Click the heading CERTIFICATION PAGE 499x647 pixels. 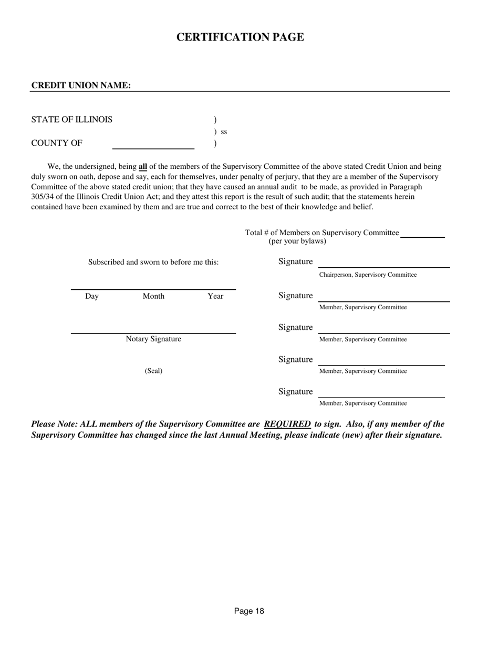[x=240, y=37]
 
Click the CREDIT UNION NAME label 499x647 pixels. [x=81, y=86]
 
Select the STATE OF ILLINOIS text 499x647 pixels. [x=72, y=120]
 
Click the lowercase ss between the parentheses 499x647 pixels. [x=224, y=132]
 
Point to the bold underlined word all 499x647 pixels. [x=143, y=167]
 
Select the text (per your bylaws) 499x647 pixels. [x=297, y=241]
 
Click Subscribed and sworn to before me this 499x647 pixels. [x=153, y=262]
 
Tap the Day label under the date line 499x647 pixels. [x=92, y=297]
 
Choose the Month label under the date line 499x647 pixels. [x=153, y=297]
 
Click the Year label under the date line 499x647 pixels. [x=215, y=297]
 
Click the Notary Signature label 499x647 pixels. [x=153, y=339]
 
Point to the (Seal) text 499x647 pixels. [x=153, y=371]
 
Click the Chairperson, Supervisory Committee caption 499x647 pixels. [x=368, y=275]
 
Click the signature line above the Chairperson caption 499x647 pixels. [x=383, y=267]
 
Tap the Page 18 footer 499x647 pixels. [x=249, y=611]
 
